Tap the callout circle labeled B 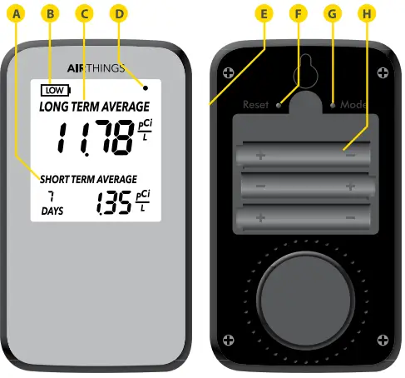coord(51,13)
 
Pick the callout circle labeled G coord(333,13)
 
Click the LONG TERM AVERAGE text coord(94,107)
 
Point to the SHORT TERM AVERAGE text coord(86,178)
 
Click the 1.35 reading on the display coord(114,202)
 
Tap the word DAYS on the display coord(52,212)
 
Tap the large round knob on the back coord(304,297)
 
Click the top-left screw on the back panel coord(228,72)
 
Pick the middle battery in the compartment coord(304,186)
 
